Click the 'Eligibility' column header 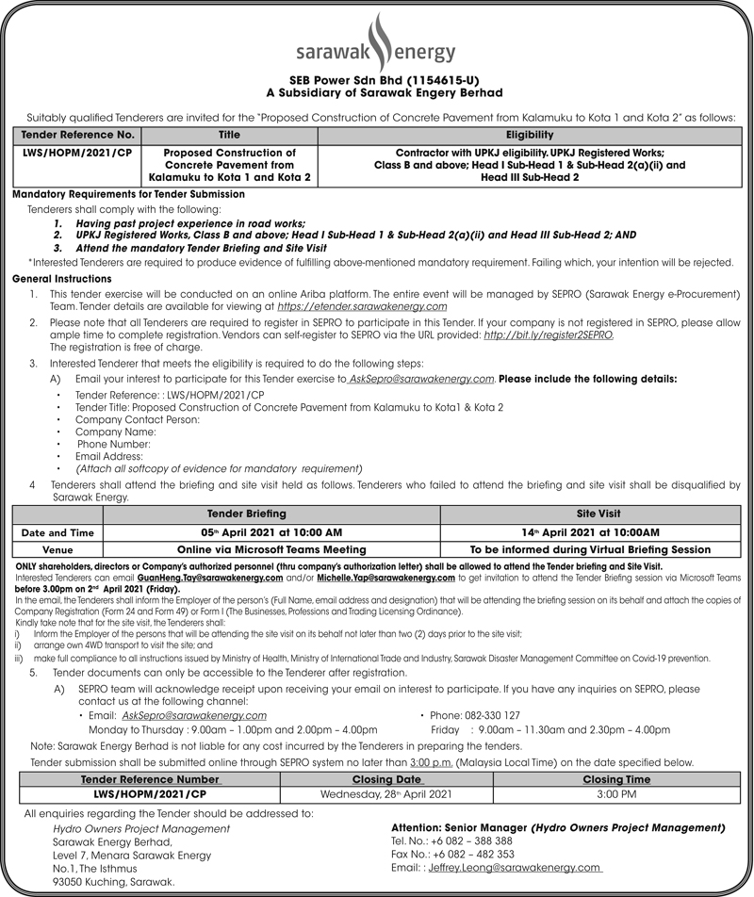click(534, 135)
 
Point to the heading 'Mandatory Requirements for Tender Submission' click(129, 193)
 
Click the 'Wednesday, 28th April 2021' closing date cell click(386, 794)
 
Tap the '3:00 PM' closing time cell click(617, 794)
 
